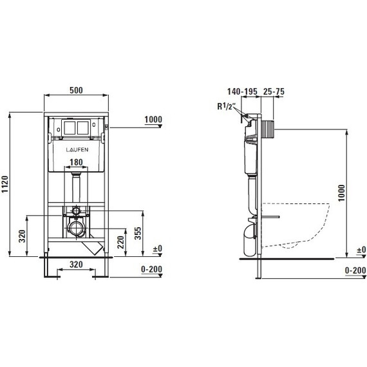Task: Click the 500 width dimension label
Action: coord(77,90)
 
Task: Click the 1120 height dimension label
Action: coord(5,184)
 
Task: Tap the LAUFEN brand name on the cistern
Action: coord(77,150)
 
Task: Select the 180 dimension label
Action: coord(77,162)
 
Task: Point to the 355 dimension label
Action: coord(138,233)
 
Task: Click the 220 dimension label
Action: coord(120,242)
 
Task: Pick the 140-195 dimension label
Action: coord(242,91)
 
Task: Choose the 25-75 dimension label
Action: coord(274,91)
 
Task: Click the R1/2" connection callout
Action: coord(225,107)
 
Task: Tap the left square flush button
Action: coord(70,127)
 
